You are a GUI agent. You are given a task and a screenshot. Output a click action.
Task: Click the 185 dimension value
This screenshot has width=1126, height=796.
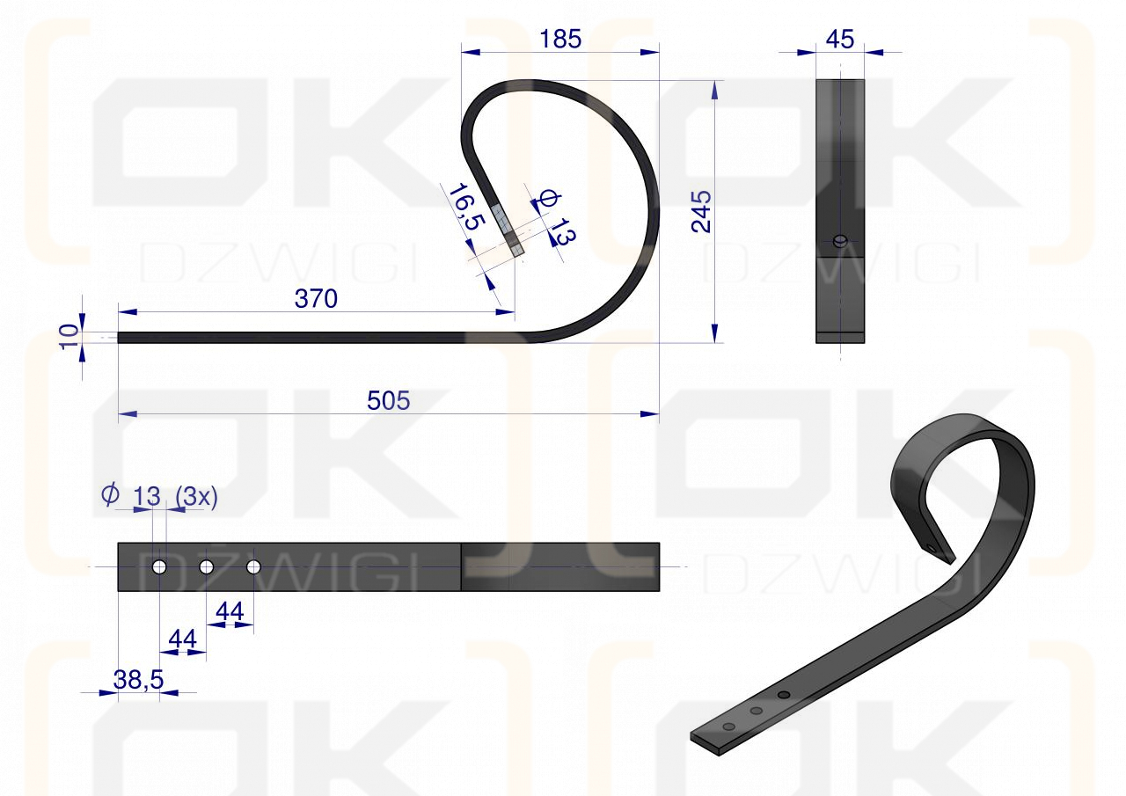coord(560,40)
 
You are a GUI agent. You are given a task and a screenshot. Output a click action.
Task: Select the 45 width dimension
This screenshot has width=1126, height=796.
coord(839,40)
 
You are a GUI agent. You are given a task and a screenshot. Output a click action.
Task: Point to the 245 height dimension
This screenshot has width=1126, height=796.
coord(701,211)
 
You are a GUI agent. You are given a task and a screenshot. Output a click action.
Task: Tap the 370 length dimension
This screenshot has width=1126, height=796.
coord(316,300)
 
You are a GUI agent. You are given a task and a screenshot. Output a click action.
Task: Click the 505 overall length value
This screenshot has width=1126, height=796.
coord(388,401)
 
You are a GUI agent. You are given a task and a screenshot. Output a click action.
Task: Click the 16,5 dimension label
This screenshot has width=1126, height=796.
coord(464,207)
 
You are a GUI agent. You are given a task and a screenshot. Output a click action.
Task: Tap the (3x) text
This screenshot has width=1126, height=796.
coord(196,497)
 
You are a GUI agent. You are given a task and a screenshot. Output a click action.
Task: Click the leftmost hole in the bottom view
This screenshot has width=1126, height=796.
coord(159,567)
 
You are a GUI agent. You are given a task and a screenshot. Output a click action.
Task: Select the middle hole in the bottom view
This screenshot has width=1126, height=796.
coord(207,567)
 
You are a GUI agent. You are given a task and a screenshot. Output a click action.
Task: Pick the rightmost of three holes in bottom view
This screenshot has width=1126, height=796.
coord(254,567)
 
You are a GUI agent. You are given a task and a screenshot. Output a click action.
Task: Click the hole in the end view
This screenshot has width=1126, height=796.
coord(840,240)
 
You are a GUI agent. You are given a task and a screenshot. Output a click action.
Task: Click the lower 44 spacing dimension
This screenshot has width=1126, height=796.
coord(182,640)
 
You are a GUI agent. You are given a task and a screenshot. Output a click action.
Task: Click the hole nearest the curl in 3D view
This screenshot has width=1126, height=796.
coord(784,695)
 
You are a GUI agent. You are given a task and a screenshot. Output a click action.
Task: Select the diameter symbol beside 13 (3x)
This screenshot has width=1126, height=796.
coord(110,495)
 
